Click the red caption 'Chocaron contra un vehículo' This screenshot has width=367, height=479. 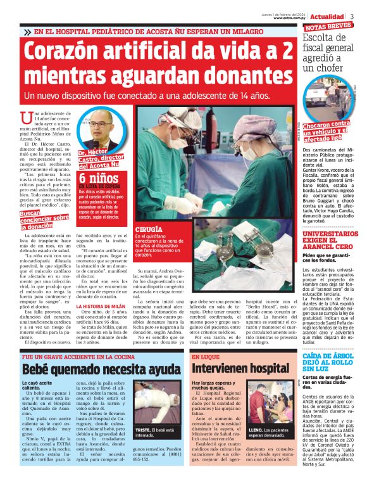coord(329,130)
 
